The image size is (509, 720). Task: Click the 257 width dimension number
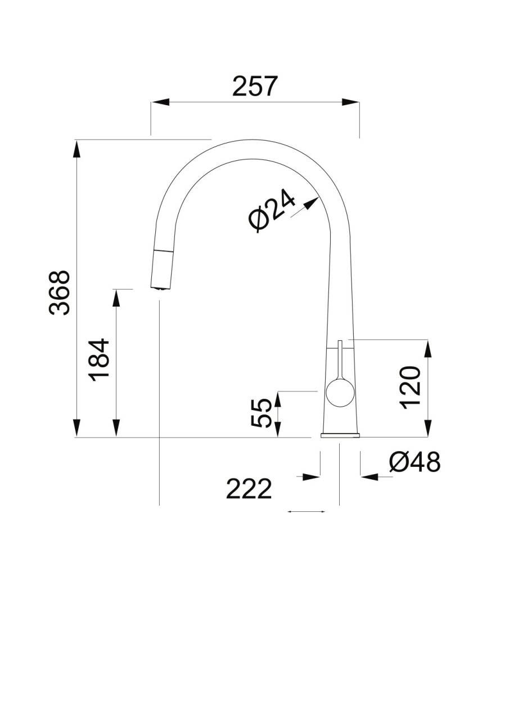pyautogui.click(x=254, y=86)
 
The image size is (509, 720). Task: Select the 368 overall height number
pyautogui.click(x=59, y=293)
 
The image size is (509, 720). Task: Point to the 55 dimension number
pyautogui.click(x=260, y=413)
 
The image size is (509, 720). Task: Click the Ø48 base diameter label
pyautogui.click(x=415, y=462)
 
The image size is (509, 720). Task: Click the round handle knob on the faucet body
pyautogui.click(x=340, y=393)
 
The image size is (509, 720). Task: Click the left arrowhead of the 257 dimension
pyautogui.click(x=160, y=102)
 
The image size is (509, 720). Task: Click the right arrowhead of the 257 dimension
pyautogui.click(x=350, y=102)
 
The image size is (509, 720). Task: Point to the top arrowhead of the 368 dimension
pyautogui.click(x=77, y=149)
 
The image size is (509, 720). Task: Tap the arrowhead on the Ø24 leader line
pyautogui.click(x=311, y=204)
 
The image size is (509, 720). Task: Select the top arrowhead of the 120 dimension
pyautogui.click(x=428, y=348)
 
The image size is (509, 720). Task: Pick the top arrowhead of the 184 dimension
pyautogui.click(x=116, y=298)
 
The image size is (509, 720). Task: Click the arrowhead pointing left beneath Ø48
pyautogui.click(x=369, y=476)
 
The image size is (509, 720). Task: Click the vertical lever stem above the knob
pyautogui.click(x=340, y=361)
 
